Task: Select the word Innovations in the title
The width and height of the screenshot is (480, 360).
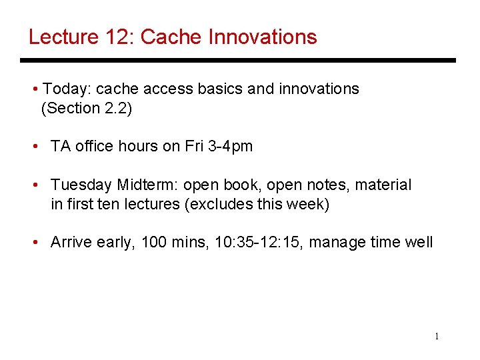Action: tap(263, 37)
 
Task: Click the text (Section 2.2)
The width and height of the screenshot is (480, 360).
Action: tap(87, 108)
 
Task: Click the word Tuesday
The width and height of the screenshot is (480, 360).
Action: tap(81, 185)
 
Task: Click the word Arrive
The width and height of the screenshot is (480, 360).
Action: tap(71, 242)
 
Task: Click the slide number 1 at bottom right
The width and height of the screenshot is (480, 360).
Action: tap(437, 337)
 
